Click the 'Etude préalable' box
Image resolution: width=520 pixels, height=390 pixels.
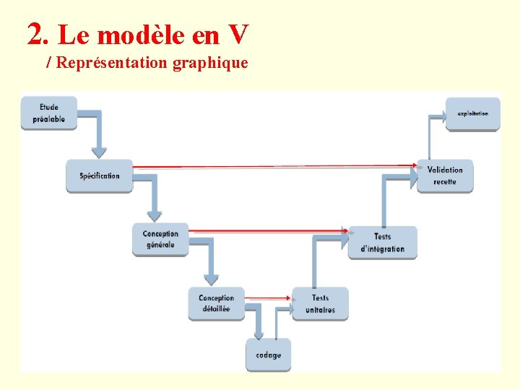click(48, 113)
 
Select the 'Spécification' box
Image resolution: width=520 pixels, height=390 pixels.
click(100, 175)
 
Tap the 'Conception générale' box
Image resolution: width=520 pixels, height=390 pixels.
click(160, 239)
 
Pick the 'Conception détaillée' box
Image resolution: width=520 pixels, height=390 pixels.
click(216, 303)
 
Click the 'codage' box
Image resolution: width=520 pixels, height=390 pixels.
click(269, 355)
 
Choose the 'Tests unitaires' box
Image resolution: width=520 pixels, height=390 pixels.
click(320, 303)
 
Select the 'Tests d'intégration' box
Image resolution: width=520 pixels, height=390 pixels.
click(382, 242)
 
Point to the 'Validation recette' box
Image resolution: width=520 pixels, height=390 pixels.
click(445, 175)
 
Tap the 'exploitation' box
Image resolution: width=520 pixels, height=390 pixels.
click(472, 114)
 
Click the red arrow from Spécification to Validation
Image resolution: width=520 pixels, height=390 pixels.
click(274, 167)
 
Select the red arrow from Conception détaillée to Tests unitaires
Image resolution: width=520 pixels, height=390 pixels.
click(267, 297)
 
